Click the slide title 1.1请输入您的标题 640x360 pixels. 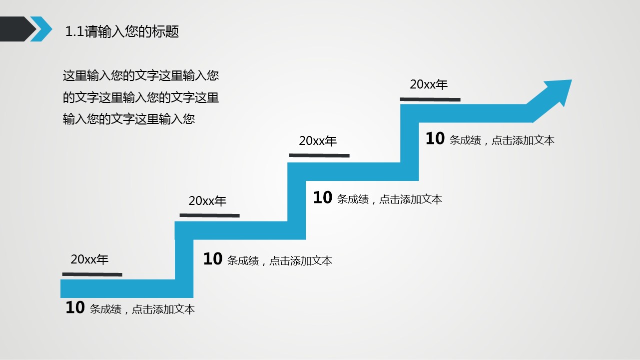pos(122,31)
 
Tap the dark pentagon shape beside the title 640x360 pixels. pos(17,29)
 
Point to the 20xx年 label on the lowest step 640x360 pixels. pos(89,259)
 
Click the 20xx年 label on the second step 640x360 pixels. pos(207,200)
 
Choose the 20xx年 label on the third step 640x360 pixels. pos(318,140)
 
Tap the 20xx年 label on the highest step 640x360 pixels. pos(429,84)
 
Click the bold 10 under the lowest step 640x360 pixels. pos(75,307)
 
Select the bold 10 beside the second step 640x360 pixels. pos(213,259)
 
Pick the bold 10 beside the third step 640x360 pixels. pos(323,197)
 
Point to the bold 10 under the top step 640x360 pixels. pos(435,138)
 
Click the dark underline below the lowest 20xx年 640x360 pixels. pos(92,274)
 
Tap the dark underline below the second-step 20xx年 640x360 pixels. pos(210,215)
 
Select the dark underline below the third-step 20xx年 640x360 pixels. pos(319,155)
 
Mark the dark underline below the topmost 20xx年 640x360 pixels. pos(430,99)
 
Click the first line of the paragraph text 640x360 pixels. pos(141,76)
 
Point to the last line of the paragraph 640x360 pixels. pos(129,119)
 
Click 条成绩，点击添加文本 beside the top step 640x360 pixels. pos(502,140)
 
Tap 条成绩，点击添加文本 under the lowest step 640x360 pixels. pos(142,309)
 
